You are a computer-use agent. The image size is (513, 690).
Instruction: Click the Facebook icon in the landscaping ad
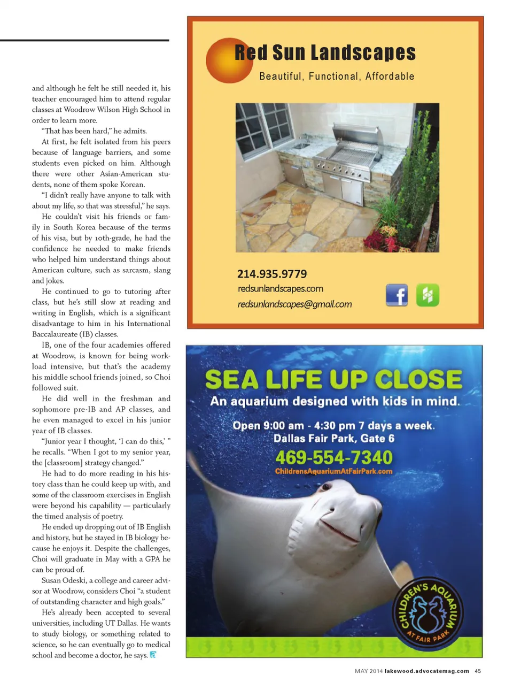[397, 295]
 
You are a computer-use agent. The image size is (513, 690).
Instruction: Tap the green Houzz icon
[428, 295]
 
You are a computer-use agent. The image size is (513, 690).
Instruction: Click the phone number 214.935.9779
[272, 274]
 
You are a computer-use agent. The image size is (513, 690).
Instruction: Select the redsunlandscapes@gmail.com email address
[294, 304]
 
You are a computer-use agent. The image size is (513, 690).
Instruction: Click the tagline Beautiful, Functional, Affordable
[337, 76]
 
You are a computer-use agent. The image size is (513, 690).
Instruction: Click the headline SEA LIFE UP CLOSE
[333, 380]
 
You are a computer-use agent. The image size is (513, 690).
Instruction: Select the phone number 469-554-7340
[333, 458]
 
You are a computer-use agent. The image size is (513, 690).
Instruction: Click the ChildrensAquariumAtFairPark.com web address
[333, 471]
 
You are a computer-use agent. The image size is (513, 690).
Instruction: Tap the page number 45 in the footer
[478, 671]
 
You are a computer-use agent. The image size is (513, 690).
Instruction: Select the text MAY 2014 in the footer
[369, 671]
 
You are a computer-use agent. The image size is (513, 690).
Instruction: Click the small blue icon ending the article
[153, 655]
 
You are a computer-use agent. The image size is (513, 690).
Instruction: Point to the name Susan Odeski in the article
[64, 580]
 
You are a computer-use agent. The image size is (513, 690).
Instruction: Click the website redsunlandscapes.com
[280, 289]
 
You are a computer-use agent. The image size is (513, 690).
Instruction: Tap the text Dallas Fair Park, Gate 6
[333, 439]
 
